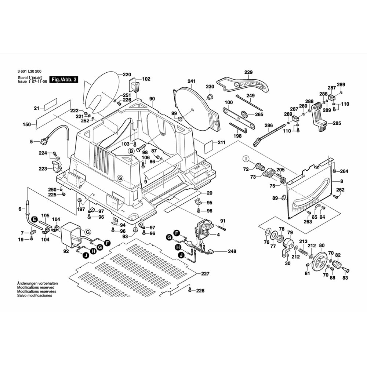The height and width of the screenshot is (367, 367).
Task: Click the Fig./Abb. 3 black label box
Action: tap(64, 80)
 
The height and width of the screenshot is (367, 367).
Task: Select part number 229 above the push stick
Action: tap(248, 72)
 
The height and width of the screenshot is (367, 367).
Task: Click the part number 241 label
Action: tap(192, 81)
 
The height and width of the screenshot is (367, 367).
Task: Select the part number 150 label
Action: tap(26, 125)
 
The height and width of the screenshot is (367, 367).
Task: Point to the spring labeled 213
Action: tap(303, 252)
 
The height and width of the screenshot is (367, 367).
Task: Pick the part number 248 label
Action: tap(232, 251)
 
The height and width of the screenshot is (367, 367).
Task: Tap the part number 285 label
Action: tap(337, 124)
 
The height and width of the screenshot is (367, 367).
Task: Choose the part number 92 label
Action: tap(66, 252)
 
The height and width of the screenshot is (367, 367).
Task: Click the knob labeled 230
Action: tap(211, 97)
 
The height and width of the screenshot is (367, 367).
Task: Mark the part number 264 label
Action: tap(344, 171)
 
